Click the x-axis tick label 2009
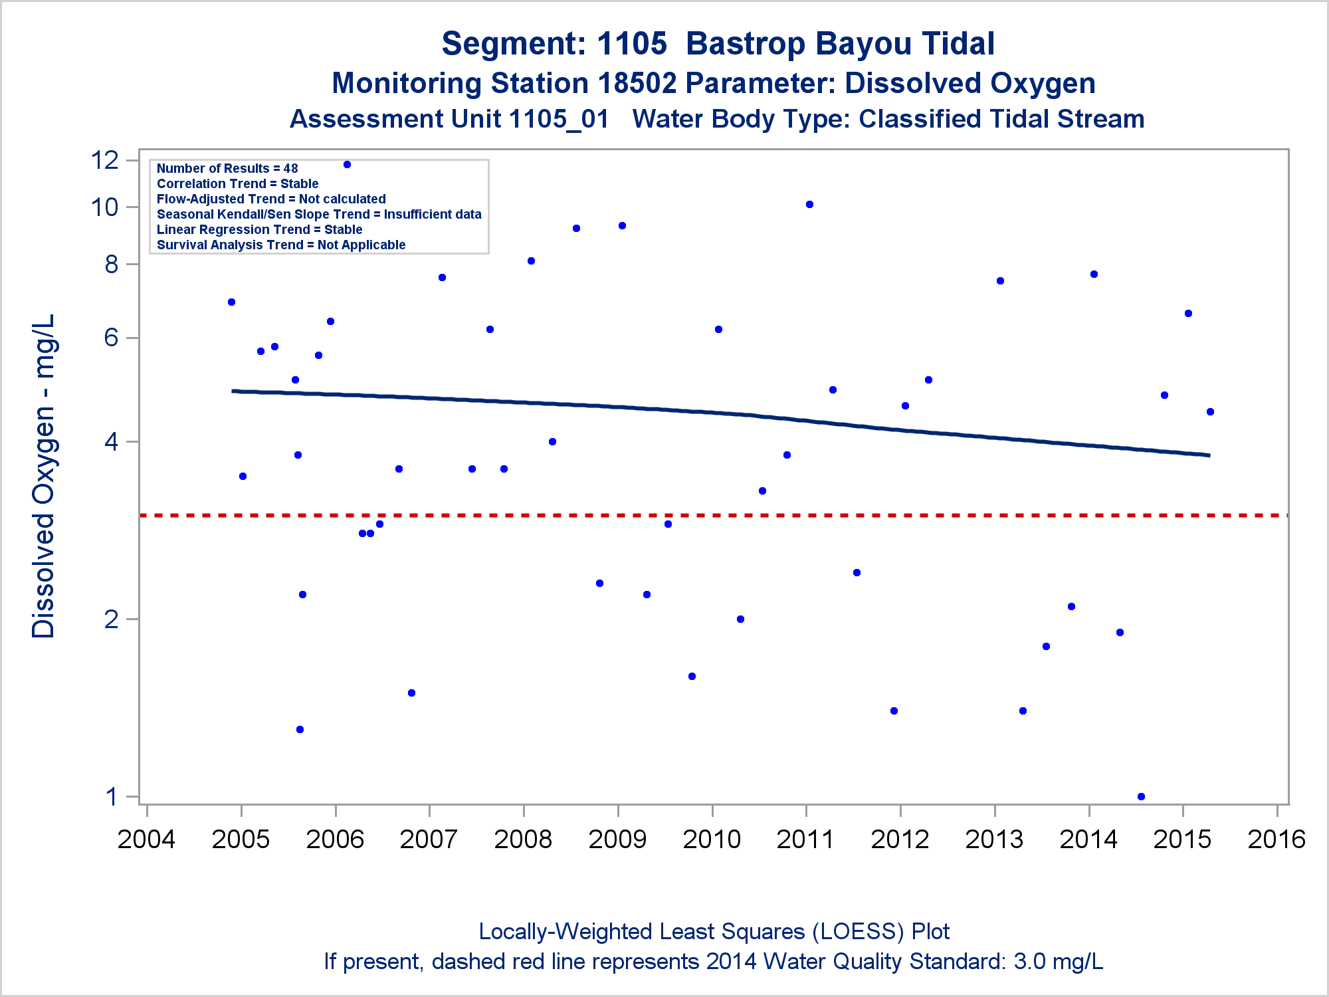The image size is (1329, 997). (617, 839)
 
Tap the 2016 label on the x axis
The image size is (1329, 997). (1277, 839)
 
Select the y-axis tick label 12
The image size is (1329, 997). (105, 160)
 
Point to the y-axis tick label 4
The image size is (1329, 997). (112, 442)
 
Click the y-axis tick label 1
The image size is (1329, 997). (112, 796)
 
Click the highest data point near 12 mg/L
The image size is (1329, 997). (347, 165)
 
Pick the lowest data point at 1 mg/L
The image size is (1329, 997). (1141, 796)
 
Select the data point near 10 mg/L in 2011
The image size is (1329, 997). (809, 205)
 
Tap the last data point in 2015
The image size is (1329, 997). (1210, 412)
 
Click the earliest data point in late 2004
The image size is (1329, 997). (231, 302)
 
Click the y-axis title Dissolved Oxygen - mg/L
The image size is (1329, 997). (43, 476)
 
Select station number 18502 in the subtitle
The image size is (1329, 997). (637, 84)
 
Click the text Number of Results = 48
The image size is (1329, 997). (227, 169)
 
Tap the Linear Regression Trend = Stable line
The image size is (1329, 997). (259, 230)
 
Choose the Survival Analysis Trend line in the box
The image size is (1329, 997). (280, 245)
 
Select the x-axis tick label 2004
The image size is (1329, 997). (146, 839)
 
